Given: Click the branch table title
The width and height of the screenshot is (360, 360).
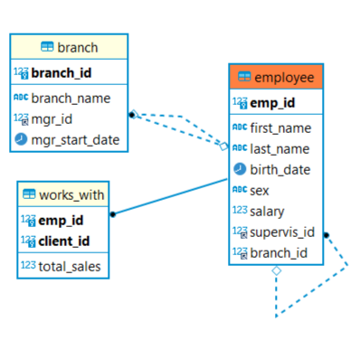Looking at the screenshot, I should [77, 47].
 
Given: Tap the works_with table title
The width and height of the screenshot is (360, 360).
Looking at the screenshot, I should [71, 194].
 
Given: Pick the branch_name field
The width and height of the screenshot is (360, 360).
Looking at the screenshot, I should [71, 98].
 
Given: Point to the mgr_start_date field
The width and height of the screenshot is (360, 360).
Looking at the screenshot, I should [74, 139].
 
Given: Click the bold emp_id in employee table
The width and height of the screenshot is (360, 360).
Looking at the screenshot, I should [272, 103].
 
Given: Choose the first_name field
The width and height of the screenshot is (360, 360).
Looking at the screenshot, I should [280, 128].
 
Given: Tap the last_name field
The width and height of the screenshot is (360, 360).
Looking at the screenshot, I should [279, 148].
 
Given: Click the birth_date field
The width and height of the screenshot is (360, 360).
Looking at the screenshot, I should [280, 169].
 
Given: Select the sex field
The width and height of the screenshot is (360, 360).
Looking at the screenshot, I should [260, 190].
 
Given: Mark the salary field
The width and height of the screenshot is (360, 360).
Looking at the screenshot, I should [267, 211].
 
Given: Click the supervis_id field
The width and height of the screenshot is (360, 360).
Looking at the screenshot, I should [282, 232].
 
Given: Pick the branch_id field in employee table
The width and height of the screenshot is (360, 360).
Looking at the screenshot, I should [279, 252].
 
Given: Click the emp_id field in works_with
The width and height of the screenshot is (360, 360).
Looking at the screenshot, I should [61, 220].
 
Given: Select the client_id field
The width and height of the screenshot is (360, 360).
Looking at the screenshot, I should [63, 241].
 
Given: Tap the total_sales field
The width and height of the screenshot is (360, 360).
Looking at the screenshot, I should [69, 266].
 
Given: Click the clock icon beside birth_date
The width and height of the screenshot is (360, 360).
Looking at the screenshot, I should [240, 169].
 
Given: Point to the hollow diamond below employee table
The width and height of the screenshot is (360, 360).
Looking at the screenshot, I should [277, 270].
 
